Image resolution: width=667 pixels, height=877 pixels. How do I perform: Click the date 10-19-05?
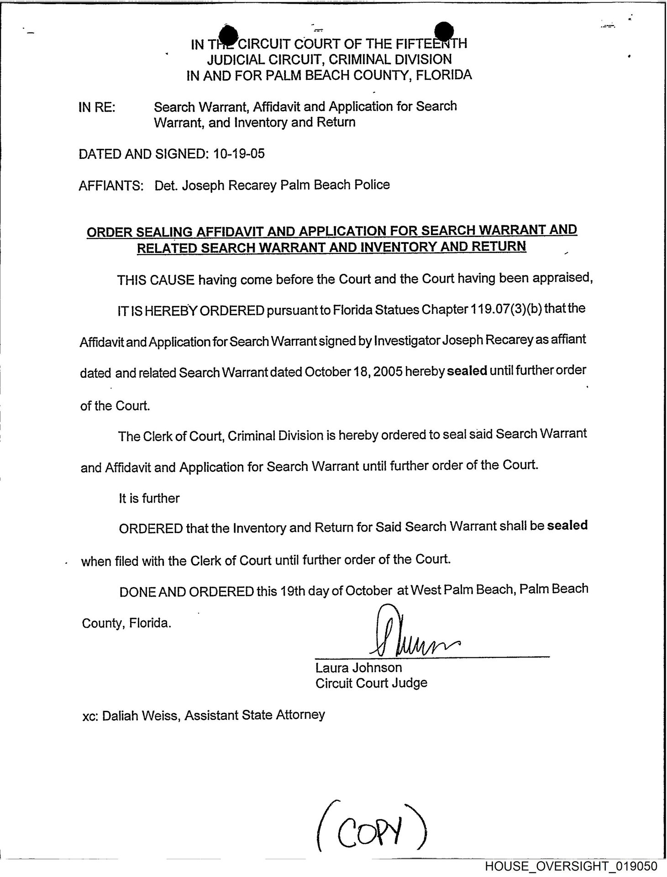(x=239, y=154)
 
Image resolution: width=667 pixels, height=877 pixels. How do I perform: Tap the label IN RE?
(x=97, y=108)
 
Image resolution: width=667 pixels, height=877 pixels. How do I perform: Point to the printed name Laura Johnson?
(x=358, y=668)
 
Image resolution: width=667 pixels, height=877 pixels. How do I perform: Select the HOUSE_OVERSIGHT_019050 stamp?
(x=571, y=866)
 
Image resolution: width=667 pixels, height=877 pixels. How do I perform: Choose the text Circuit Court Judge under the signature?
(x=371, y=683)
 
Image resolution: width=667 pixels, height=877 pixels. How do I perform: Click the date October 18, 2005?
(x=353, y=371)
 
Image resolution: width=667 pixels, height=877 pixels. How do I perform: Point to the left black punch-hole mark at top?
(x=229, y=34)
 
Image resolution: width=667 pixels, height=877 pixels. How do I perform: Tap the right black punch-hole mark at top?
(x=444, y=31)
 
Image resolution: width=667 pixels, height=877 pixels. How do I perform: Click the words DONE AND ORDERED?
(x=186, y=592)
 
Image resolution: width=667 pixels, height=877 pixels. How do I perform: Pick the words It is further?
(x=149, y=498)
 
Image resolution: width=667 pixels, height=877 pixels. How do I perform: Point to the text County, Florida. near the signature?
(x=126, y=623)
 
